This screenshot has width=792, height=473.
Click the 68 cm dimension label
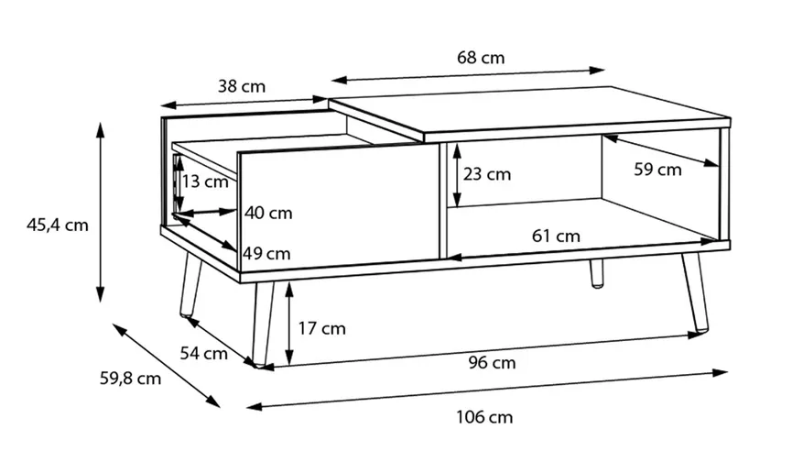pos(481,58)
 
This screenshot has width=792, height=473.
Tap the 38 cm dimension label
pos(242,86)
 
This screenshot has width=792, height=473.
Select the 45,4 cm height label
pos(58,225)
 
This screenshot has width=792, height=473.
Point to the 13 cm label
pos(205,181)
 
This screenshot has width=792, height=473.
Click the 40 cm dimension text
pos(268,213)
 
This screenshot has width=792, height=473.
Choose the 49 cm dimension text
pos(266,253)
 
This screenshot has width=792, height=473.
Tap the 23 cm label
pos(487,174)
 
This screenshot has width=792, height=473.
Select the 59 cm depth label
pos(657,170)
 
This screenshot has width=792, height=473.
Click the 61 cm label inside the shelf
pos(556,236)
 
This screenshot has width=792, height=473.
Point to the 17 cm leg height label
pos(321,329)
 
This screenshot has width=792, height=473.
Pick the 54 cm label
pos(204,353)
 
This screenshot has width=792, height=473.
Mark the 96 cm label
pos(492,363)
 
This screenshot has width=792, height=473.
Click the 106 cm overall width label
pos(484,417)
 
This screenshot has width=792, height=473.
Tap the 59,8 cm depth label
pos(130,379)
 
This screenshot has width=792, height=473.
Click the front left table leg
pos(263,324)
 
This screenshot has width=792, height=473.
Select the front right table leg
pos(696,292)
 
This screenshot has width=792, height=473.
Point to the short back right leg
pos(597,274)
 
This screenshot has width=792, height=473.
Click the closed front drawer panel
pos(339,206)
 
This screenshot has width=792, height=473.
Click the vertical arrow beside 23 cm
pos(457,175)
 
